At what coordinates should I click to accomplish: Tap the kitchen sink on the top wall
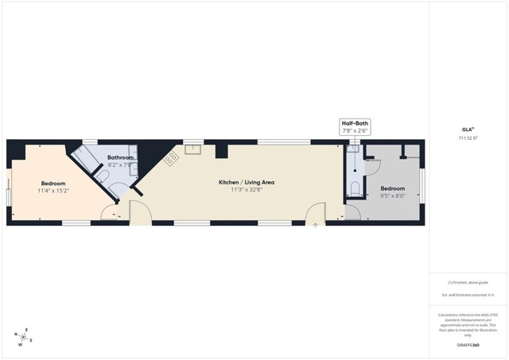(x=193, y=149)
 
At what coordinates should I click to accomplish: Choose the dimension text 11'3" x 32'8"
(x=247, y=190)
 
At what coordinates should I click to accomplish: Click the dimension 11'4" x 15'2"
(x=53, y=191)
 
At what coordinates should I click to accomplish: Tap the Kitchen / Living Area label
(x=247, y=182)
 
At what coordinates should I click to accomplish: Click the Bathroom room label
(x=121, y=158)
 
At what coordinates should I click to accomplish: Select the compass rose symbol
(x=24, y=337)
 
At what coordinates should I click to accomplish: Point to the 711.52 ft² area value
(x=469, y=137)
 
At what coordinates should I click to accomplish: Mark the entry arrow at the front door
(x=316, y=226)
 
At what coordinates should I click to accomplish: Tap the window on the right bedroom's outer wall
(x=422, y=184)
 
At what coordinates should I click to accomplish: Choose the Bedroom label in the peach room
(x=53, y=184)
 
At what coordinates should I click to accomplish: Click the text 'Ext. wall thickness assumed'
(x=469, y=295)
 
